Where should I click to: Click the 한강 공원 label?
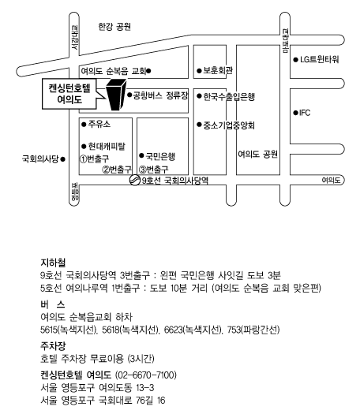coord(114,26)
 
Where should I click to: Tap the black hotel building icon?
coord(116,95)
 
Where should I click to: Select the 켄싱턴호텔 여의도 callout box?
coord(69,94)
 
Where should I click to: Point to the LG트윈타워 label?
coord(319,59)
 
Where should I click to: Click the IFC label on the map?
coord(305,113)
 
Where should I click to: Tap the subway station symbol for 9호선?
coord(134,180)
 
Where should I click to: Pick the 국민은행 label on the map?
coord(160,156)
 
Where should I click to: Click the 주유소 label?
coord(99,124)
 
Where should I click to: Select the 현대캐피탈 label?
coord(107,146)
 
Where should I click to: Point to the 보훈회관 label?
coord(218,70)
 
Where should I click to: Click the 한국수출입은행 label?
coord(229,97)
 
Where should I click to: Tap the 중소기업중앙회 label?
coord(229,125)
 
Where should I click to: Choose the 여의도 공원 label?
coord(257,154)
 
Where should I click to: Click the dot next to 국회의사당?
coord(62,159)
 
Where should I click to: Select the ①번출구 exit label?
coord(95,159)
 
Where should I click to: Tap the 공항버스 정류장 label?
coord(160,95)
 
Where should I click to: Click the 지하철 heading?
coord(53,263)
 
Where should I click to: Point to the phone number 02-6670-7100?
coord(146,375)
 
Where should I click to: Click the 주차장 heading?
coord(53,345)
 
